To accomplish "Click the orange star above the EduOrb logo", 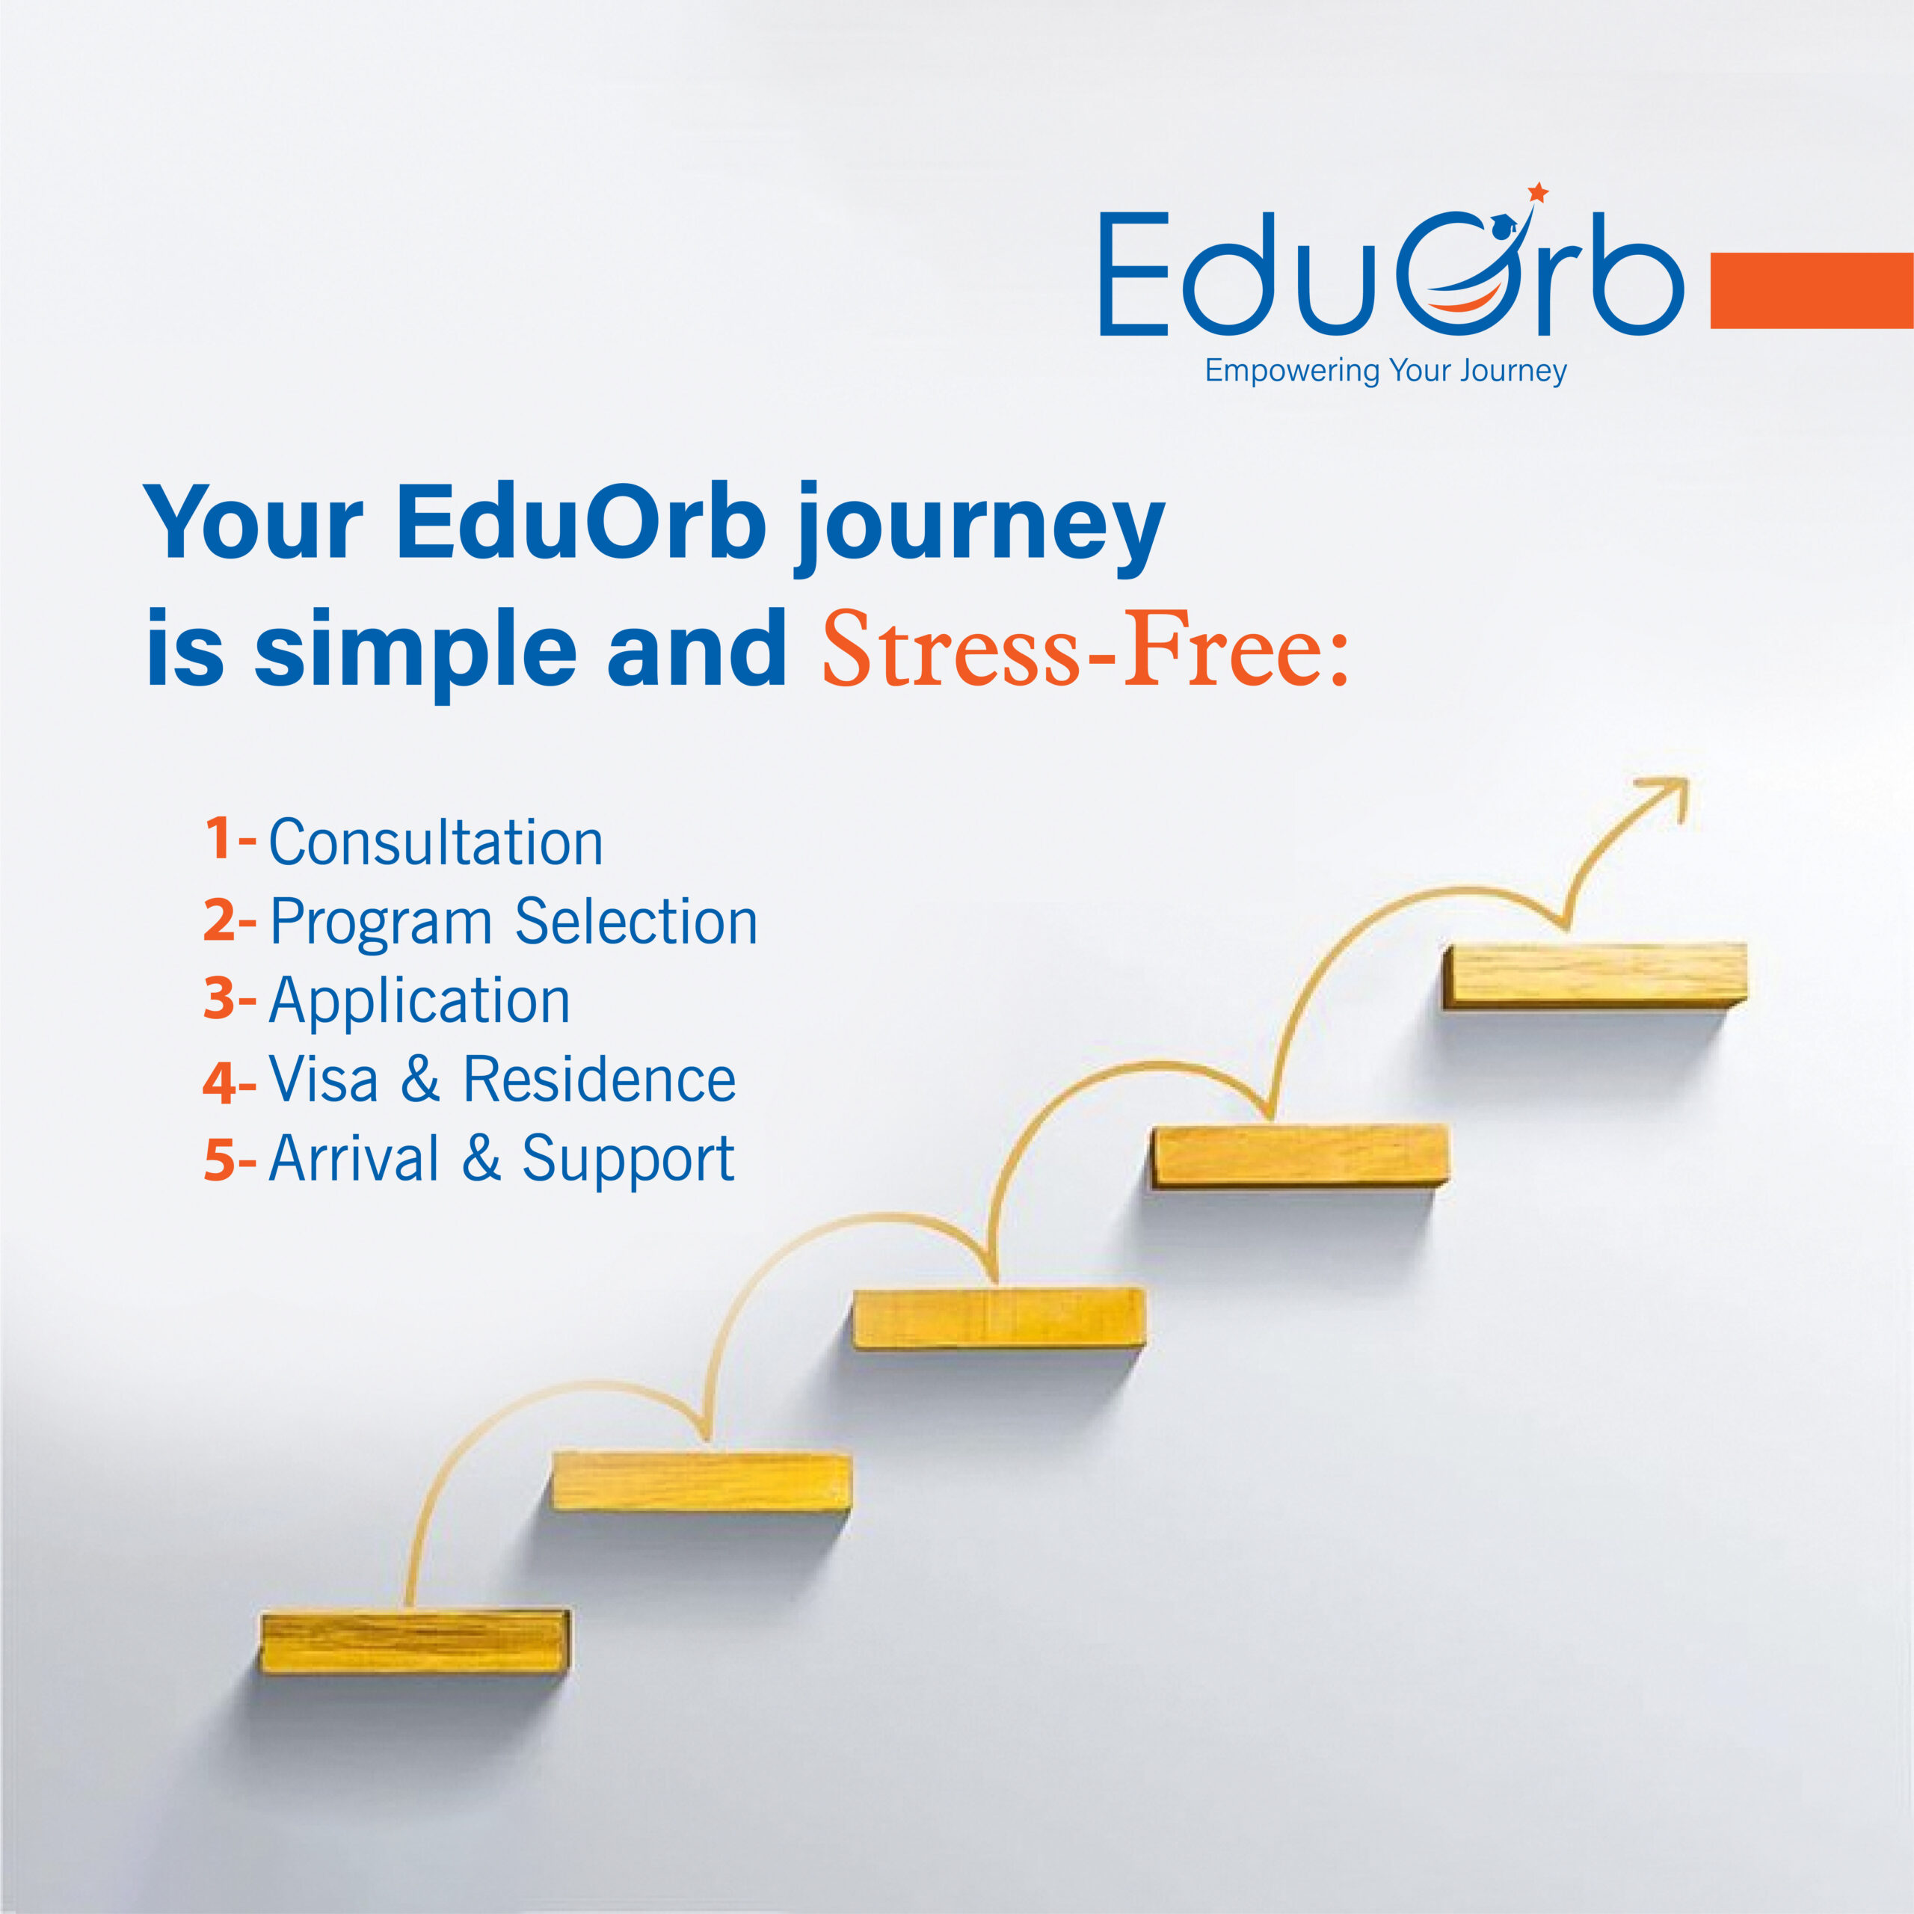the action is [1537, 192].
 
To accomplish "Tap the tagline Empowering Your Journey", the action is [1385, 372].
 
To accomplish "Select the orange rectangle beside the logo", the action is [1812, 290].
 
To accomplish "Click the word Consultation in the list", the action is [436, 843].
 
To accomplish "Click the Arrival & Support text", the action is [501, 1158].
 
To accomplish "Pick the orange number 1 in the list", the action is [219, 838].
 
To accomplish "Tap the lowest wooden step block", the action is [415, 1642].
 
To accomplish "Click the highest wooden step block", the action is [1594, 975].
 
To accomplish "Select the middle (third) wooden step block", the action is [999, 1316].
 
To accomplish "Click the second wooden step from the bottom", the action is [701, 1481].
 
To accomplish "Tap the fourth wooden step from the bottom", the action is [1299, 1154].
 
